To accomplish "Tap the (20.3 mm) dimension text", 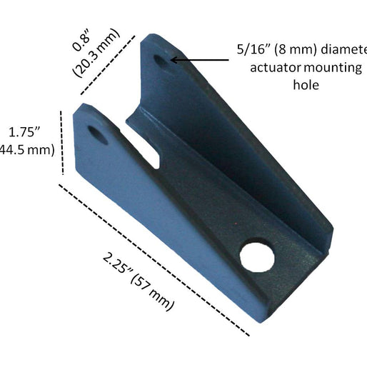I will click(x=97, y=57).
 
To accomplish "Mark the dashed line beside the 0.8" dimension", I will click(x=107, y=64).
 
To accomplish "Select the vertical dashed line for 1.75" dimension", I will click(x=64, y=141).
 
